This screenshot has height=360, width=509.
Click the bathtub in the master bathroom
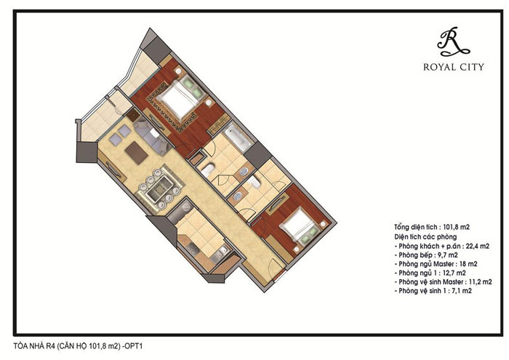pyautogui.click(x=238, y=138)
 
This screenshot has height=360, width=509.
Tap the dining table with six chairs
pyautogui.click(x=160, y=188)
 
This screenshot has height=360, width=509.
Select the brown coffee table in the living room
pyautogui.click(x=137, y=153)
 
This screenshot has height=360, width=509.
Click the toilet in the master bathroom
pyautogui.click(x=208, y=169)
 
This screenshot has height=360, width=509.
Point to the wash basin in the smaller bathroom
pyautogui.click(x=237, y=196)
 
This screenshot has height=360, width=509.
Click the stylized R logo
pyautogui.click(x=453, y=41)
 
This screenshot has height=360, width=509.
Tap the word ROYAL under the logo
pyautogui.click(x=439, y=67)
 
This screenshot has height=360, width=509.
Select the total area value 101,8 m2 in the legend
pyautogui.click(x=456, y=227)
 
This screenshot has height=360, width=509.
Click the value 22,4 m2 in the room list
pyautogui.click(x=478, y=246)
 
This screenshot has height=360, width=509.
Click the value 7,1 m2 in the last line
pyautogui.click(x=460, y=291)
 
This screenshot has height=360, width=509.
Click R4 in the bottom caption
pyautogui.click(x=49, y=346)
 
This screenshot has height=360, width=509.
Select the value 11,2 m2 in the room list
pyautogui.click(x=481, y=281)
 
